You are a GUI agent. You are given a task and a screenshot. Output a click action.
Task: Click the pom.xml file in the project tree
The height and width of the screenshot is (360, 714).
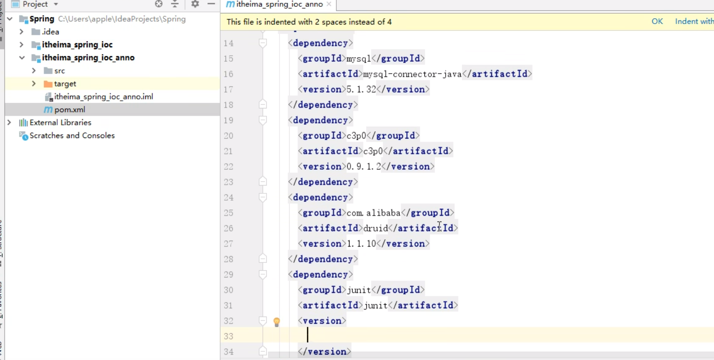[69, 109]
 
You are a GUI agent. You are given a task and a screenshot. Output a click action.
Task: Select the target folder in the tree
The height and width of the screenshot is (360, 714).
[65, 84]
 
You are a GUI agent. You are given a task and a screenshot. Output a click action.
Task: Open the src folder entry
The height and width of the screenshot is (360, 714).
[59, 71]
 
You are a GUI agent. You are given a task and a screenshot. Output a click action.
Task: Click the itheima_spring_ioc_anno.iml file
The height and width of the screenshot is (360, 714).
[103, 97]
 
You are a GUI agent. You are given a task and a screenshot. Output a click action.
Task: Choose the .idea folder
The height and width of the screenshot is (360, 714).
[50, 32]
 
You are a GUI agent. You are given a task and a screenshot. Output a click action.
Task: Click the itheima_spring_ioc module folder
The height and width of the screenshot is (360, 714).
[77, 44]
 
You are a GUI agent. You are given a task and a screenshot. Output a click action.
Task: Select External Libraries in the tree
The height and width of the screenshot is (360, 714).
[60, 123]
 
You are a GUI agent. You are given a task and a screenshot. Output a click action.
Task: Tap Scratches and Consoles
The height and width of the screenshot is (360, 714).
[72, 135]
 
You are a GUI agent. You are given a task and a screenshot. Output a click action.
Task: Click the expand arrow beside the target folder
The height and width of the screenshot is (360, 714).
[34, 84]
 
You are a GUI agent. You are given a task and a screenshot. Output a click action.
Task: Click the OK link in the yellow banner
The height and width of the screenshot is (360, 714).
[657, 21]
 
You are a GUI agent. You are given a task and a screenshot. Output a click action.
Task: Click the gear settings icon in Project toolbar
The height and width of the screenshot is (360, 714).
[195, 4]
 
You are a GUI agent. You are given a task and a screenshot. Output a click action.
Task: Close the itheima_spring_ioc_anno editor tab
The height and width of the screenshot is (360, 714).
[329, 4]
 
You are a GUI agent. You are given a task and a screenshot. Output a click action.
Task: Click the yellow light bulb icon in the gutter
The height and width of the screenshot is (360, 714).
[276, 322]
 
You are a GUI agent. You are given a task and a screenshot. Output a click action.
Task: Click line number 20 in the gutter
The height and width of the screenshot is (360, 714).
[228, 136]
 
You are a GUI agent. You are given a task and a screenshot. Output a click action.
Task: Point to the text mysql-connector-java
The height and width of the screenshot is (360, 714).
[412, 74]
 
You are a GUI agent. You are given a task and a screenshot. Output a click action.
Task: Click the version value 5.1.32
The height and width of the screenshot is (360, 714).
[361, 89]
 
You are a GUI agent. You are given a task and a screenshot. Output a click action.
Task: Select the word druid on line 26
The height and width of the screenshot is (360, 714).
[375, 228]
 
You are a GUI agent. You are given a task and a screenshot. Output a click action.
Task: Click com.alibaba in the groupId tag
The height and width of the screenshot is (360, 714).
[373, 213]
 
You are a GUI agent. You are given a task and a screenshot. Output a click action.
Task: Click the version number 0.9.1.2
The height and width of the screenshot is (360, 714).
[364, 167]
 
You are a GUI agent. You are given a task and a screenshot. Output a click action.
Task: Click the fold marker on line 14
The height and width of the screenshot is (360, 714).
[263, 43]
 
